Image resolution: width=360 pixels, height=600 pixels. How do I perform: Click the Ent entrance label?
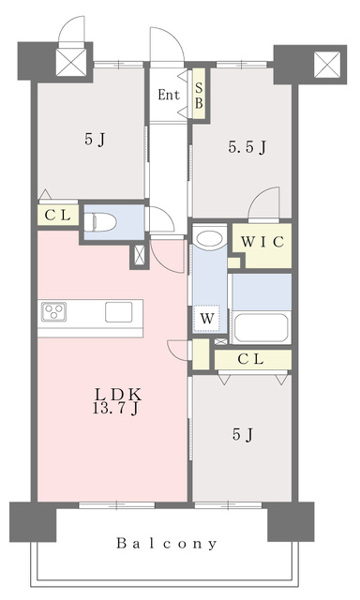169,95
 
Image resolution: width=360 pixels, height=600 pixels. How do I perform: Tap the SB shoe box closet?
199,94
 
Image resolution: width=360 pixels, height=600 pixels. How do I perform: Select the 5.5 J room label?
247,147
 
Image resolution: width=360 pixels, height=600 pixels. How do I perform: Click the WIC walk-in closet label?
262,242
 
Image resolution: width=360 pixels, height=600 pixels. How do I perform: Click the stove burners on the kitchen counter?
54,311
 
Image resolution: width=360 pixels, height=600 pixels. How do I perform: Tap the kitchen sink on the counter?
119,312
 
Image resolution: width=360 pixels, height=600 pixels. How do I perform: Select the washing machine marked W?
207,319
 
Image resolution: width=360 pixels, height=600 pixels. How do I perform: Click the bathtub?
261,328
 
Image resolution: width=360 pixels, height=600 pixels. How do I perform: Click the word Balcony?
167,544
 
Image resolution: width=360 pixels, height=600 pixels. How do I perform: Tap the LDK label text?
118,394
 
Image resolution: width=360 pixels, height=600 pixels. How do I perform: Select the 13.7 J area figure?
115,409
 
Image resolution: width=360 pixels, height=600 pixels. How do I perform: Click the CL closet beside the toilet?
58,216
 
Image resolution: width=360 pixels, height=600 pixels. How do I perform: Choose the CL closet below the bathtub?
253,359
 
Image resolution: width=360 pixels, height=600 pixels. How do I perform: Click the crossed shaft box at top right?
327,65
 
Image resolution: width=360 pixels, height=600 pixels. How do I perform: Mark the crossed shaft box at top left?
71,62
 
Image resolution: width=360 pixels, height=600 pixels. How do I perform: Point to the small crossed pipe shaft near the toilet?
140,256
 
